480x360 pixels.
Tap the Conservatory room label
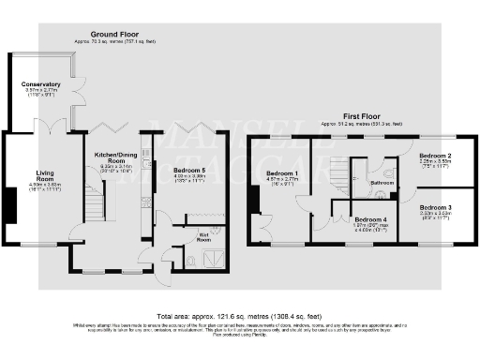tap(41, 84)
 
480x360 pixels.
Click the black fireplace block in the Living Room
tap(10, 202)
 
